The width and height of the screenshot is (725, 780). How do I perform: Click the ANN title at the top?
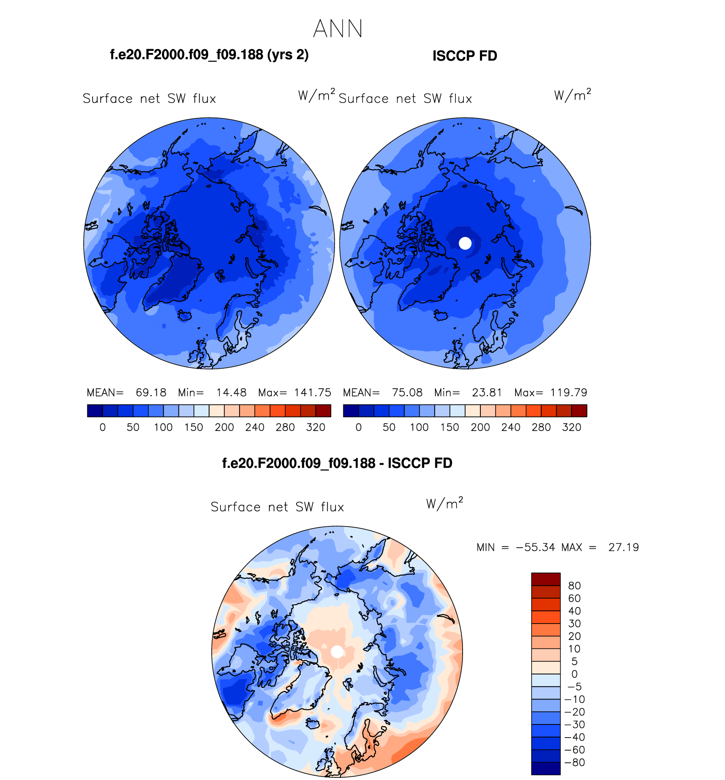tap(338, 29)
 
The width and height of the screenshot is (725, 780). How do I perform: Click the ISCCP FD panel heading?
tap(465, 56)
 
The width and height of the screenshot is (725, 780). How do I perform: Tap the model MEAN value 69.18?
tap(151, 393)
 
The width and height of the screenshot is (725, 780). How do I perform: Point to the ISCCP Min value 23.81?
tap(487, 393)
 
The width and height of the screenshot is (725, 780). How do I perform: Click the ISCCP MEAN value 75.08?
tap(407, 393)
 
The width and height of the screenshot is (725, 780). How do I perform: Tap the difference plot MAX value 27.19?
tap(623, 547)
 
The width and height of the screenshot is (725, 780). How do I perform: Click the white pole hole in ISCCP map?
tap(465, 243)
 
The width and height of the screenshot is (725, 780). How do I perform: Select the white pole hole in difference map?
tap(337, 652)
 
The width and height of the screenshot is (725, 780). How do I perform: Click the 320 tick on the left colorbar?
tap(315, 427)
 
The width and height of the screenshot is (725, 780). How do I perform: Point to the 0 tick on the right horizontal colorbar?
tap(359, 427)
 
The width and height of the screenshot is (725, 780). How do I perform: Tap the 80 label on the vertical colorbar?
tap(574, 586)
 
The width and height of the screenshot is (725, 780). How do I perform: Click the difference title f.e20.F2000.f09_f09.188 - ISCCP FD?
tap(337, 463)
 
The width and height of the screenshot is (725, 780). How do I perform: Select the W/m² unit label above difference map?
tap(444, 503)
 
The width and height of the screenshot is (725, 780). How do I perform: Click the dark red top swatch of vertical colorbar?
tap(546, 579)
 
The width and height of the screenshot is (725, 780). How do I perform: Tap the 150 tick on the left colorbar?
tap(194, 427)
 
